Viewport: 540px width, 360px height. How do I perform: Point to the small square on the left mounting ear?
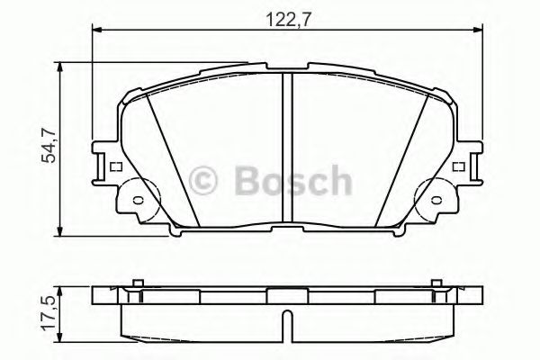click(113, 166)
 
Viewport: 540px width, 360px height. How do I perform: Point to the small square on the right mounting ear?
click(457, 166)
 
